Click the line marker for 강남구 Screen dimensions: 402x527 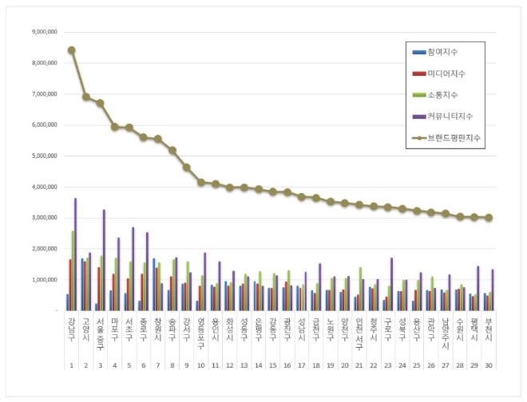coord(72,49)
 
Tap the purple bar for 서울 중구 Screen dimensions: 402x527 coord(105,259)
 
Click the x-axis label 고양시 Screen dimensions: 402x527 coord(85,327)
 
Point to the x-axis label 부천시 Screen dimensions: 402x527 coord(488,327)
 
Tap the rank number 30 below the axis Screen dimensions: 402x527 coord(488,366)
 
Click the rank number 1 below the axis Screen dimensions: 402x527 coord(72,366)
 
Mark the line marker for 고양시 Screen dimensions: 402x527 coord(85,97)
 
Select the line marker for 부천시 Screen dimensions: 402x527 coord(488,217)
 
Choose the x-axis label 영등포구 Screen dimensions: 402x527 coord(200,330)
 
